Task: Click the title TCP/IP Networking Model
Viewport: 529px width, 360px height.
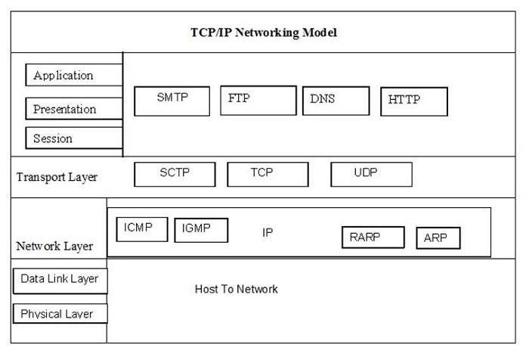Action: coord(264,33)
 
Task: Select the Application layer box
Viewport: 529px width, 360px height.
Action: coord(74,75)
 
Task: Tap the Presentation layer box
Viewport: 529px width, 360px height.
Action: coord(74,109)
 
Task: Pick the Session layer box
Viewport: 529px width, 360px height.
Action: coord(74,138)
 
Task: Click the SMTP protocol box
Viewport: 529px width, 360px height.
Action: coord(172,101)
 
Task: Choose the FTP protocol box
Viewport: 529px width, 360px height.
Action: coord(258,100)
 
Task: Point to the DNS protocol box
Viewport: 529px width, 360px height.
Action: coord(336,101)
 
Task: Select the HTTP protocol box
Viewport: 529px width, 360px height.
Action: coord(413,101)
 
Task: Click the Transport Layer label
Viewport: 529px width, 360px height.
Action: coord(57,177)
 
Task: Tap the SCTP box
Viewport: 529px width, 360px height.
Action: coord(175,174)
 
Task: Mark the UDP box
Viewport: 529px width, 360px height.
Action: coord(371,174)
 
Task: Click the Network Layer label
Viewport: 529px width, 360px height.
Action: coord(54,246)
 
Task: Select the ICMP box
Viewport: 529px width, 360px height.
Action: coord(142,229)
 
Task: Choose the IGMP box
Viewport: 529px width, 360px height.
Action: coord(201,230)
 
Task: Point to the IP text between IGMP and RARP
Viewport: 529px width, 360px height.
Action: coord(268,232)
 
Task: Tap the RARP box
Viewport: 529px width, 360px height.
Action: coord(373,237)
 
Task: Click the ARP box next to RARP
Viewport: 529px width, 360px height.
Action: coord(438,237)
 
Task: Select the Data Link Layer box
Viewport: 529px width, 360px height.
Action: coord(60,280)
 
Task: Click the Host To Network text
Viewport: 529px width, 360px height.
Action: coord(237,289)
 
